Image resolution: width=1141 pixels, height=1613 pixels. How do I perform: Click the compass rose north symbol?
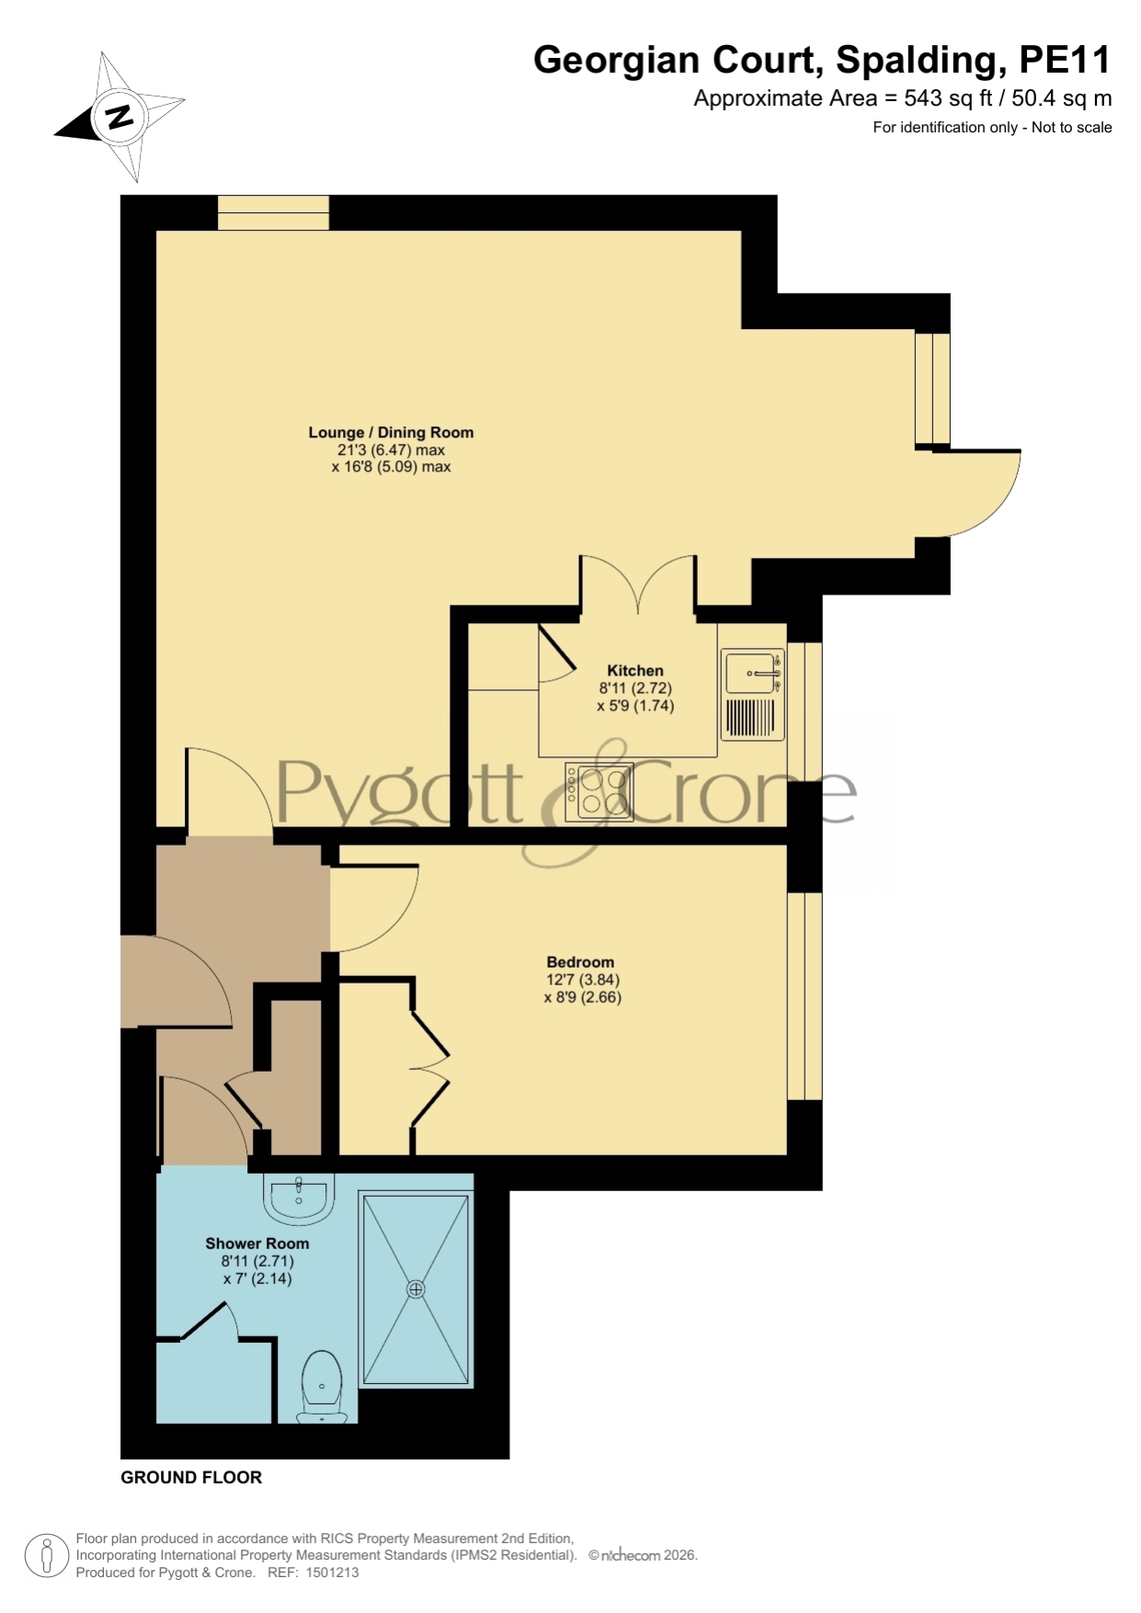[x=120, y=117]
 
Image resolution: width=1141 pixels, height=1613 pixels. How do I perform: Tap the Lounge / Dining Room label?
[x=391, y=432]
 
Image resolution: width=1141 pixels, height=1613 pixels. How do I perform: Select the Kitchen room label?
[x=634, y=671]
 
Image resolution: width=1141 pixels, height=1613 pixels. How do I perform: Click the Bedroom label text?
[x=580, y=962]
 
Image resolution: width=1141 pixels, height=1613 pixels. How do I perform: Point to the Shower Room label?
[x=257, y=1244]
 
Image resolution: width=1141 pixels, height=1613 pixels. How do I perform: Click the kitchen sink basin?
[x=751, y=673]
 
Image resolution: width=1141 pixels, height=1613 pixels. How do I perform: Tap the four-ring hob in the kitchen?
[x=599, y=792]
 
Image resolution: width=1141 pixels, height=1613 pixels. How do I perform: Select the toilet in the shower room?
[x=322, y=1386]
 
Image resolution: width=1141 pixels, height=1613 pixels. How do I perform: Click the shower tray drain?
[x=416, y=1289]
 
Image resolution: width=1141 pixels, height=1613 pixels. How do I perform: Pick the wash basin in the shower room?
[x=299, y=1198]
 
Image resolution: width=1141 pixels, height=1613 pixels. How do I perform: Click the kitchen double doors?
[x=637, y=583]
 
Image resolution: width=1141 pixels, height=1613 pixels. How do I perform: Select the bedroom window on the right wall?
[x=804, y=995]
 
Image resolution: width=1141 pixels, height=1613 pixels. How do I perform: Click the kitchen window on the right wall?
[x=804, y=712]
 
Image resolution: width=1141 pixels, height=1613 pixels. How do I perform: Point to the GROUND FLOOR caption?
[x=191, y=1477]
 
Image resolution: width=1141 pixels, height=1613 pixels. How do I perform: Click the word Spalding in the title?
[x=916, y=61]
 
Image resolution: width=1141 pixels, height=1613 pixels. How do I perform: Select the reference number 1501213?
[x=332, y=1573]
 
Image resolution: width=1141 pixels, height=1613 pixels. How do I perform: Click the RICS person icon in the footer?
[x=46, y=1556]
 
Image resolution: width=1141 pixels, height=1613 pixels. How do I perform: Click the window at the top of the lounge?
[x=273, y=212]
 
